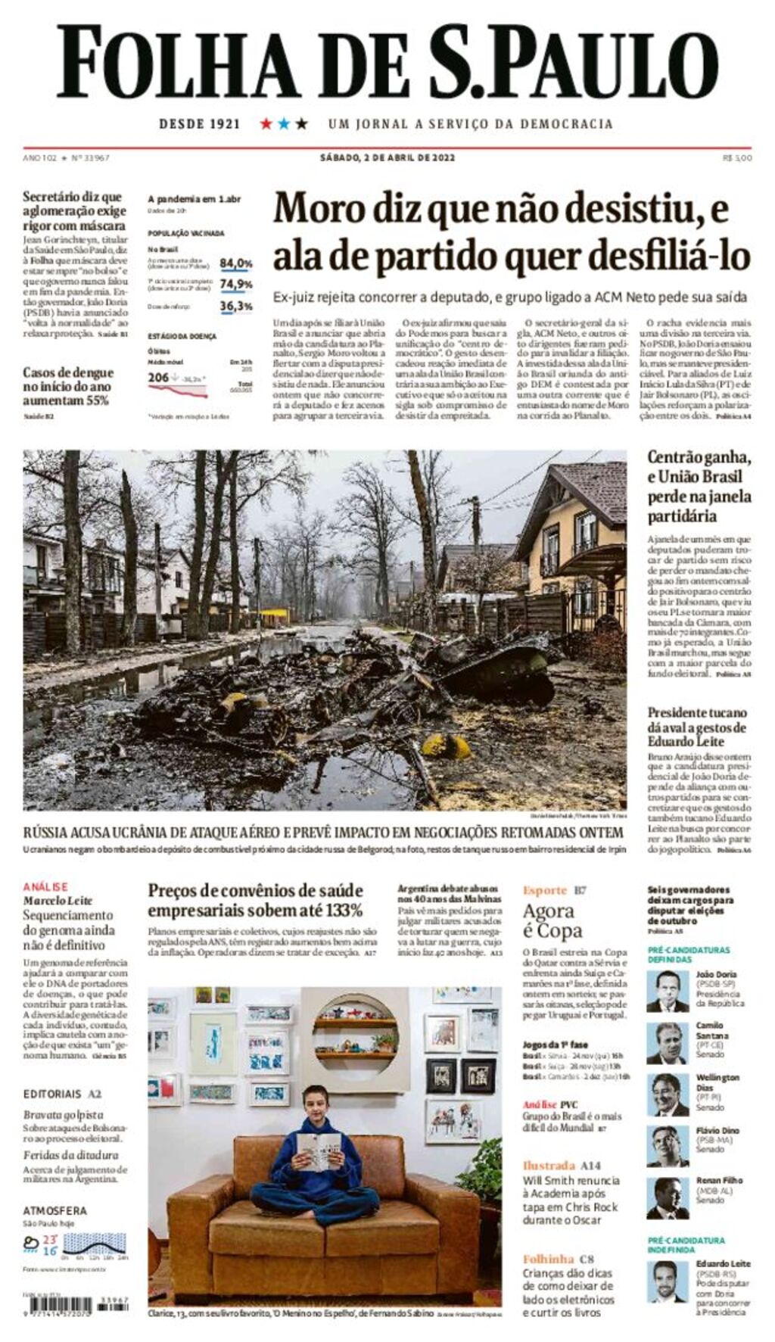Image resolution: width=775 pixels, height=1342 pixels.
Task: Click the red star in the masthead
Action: [266, 123]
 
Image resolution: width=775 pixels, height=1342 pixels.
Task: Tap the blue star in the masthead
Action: [284, 123]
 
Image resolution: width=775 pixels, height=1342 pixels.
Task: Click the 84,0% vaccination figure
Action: [236, 263]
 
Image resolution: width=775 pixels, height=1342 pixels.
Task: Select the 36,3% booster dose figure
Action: [236, 307]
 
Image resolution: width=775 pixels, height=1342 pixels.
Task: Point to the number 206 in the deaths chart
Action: [158, 377]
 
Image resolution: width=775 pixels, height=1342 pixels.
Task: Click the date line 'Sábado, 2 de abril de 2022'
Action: [387, 157]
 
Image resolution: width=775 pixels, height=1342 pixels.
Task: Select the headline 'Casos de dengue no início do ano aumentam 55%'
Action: [68, 386]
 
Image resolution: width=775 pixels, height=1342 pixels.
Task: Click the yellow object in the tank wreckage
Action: [446, 746]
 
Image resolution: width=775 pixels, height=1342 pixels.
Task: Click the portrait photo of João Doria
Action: [668, 991]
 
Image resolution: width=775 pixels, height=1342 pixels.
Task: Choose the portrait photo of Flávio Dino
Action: [668, 1146]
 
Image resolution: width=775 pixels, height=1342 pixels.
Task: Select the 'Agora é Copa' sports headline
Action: [552, 920]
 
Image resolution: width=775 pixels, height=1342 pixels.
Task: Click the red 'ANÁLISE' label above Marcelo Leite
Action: [45, 886]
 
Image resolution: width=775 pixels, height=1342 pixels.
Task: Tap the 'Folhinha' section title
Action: [549, 1259]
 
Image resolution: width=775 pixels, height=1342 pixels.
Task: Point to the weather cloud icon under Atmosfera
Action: [31, 1242]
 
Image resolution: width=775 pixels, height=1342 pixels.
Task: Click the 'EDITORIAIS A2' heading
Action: [62, 1094]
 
